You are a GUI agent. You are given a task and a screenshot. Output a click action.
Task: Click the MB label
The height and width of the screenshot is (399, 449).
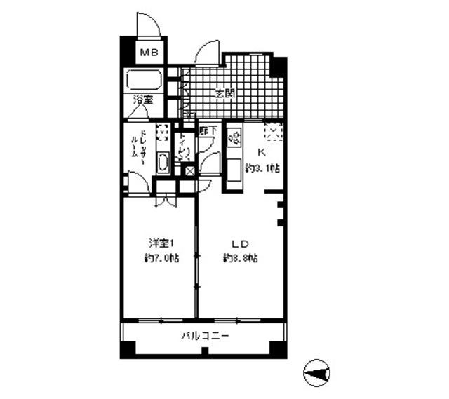click(x=148, y=52)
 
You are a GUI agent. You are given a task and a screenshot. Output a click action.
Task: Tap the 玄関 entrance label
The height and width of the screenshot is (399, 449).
click(x=224, y=93)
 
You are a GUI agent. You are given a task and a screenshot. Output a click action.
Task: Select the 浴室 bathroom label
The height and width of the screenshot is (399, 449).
click(x=143, y=100)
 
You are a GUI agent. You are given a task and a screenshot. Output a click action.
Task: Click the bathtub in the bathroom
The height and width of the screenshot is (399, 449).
click(x=145, y=80)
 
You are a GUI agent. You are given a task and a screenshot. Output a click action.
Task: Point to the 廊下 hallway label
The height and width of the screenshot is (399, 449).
click(x=208, y=130)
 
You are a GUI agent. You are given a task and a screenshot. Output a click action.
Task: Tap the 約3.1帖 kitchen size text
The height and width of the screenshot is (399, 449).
click(x=263, y=168)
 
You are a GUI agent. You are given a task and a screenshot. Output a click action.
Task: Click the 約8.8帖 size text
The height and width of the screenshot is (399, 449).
click(x=240, y=257)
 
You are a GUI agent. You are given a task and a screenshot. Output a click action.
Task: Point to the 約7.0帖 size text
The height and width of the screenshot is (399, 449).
click(x=161, y=257)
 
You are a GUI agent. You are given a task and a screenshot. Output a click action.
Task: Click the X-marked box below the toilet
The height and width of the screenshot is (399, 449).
click(x=189, y=170)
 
